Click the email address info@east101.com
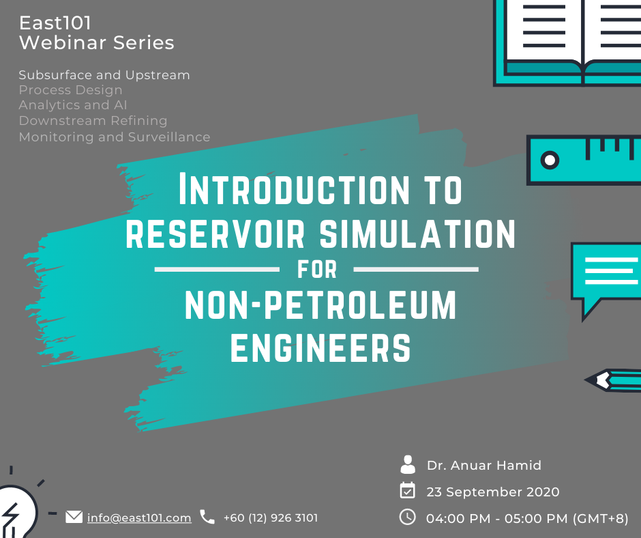139,518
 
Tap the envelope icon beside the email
74,517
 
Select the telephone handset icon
207,517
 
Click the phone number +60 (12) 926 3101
270,518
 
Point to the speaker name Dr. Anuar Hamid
484,466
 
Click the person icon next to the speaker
408,465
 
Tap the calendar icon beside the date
407,491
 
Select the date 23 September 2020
493,492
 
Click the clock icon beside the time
407,517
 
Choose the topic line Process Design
70,90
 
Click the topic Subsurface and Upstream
104,74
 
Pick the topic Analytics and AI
73,105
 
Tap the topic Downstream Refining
93,121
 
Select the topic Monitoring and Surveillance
115,137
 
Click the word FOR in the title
318,269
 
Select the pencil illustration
614,380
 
